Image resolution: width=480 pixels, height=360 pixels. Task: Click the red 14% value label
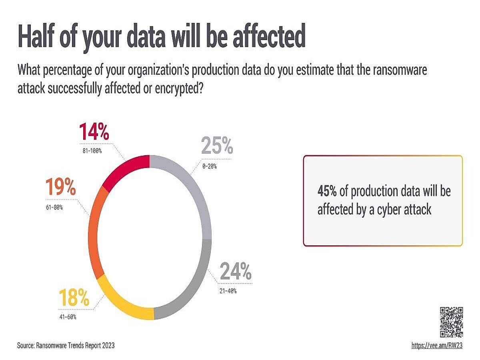(94, 132)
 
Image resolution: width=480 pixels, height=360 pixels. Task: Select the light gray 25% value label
(217, 146)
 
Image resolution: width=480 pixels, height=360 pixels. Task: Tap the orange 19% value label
(60, 188)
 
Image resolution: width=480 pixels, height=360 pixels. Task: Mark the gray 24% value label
(236, 272)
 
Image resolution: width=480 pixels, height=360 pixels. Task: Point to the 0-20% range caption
(209, 166)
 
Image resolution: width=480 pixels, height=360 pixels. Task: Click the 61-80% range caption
(54, 207)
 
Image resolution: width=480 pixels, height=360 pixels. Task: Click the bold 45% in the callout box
(327, 191)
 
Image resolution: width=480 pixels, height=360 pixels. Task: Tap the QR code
(452, 322)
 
